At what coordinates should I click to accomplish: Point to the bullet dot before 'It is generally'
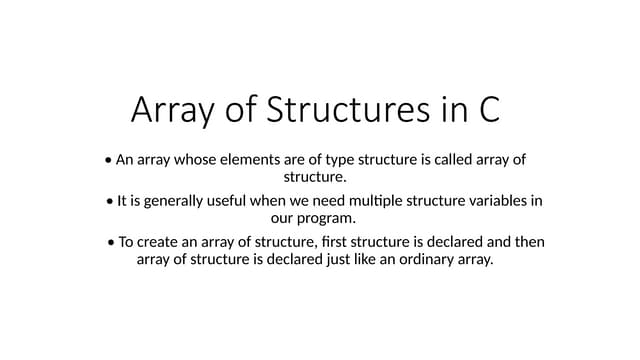click(109, 201)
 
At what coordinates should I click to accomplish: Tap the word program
click(325, 219)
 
